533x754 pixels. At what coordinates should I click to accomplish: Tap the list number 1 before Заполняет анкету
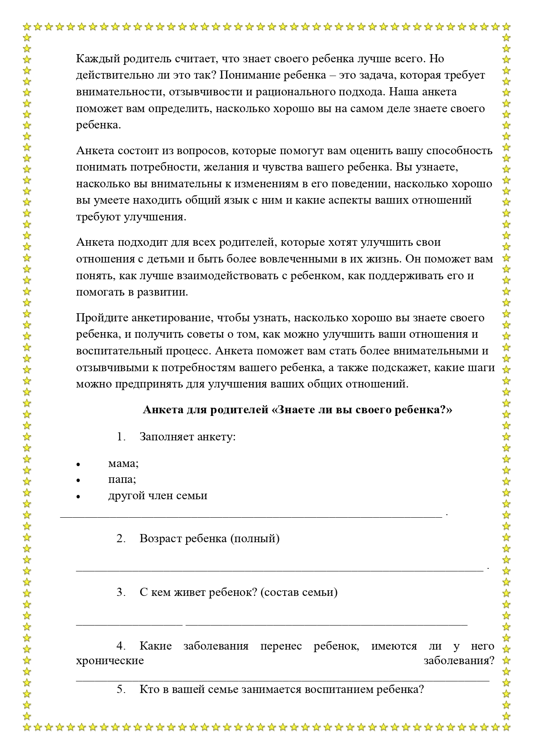click(x=120, y=437)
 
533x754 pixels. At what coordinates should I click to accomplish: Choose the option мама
click(x=123, y=464)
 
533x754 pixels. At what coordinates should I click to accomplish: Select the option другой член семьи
click(x=158, y=496)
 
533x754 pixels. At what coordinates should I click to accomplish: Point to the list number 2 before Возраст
click(x=120, y=539)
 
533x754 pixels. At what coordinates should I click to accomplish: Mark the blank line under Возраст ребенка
click(x=279, y=570)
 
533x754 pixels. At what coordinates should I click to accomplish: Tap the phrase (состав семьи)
click(x=299, y=592)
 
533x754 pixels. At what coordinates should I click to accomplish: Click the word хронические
click(x=110, y=660)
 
